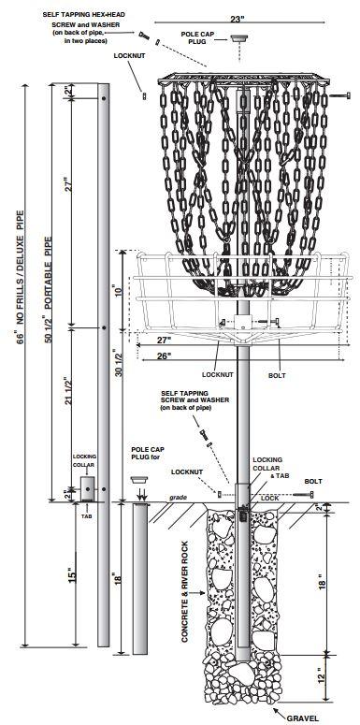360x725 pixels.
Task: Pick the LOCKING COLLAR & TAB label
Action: point(263,468)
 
